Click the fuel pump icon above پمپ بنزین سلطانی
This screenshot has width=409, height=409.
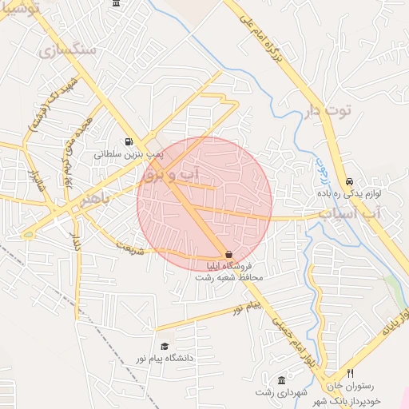pyautogui.click(x=129, y=143)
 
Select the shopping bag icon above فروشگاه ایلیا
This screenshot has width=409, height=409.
pyautogui.click(x=230, y=255)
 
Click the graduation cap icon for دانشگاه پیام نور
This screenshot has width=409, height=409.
pyautogui.click(x=165, y=346)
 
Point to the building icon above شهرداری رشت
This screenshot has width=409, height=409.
pyautogui.click(x=280, y=379)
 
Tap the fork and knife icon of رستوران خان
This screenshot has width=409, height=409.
pyautogui.click(x=350, y=374)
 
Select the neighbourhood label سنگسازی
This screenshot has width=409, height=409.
pyautogui.click(x=66, y=50)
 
